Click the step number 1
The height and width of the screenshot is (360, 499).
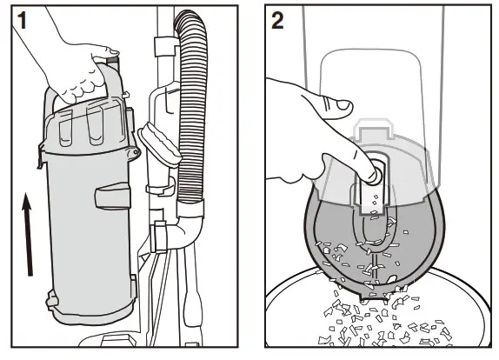17,21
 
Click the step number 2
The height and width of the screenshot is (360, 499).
277,21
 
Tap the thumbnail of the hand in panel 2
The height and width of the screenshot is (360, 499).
336,105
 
